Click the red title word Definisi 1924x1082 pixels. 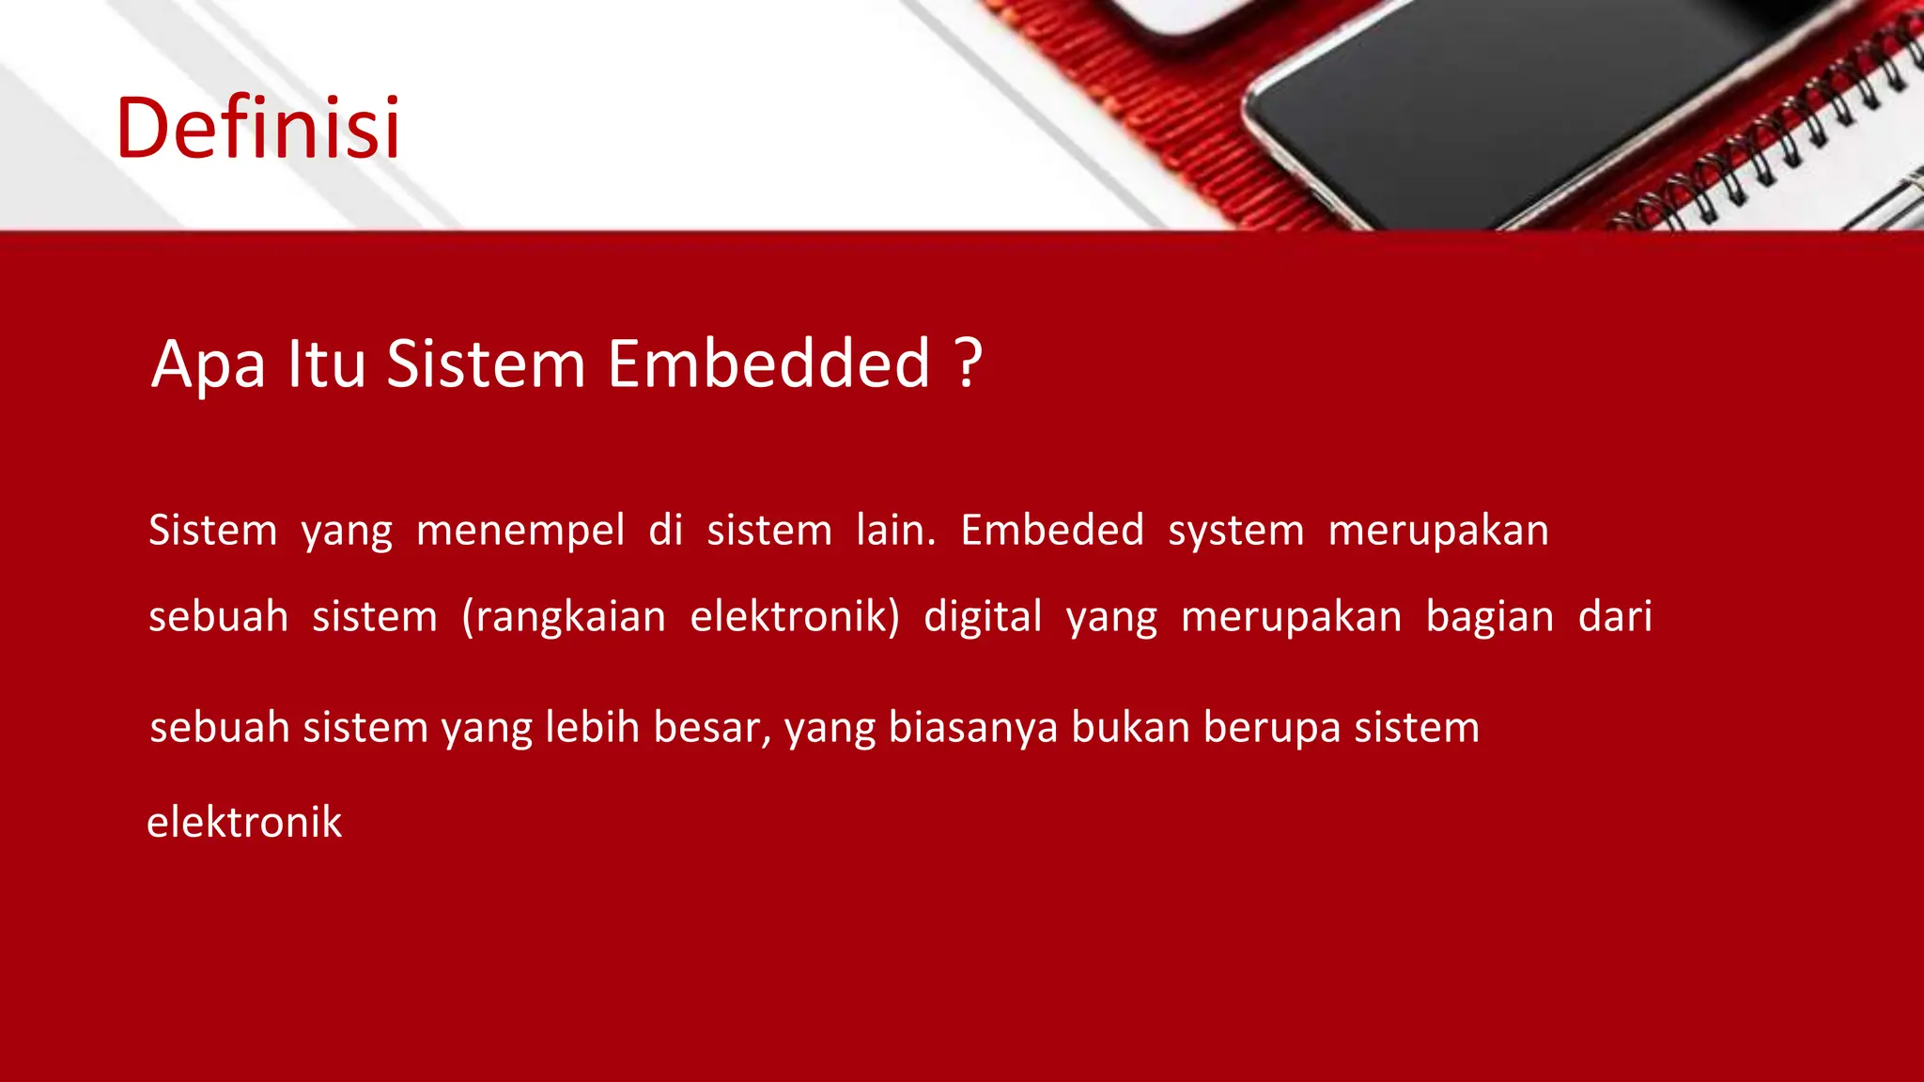pyautogui.click(x=258, y=128)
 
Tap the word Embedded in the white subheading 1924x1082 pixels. pyautogui.click(x=768, y=363)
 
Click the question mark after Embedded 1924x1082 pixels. pyautogui.click(x=969, y=363)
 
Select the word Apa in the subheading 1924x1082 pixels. pyautogui.click(x=209, y=365)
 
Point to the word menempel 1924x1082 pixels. pyautogui.click(x=520, y=531)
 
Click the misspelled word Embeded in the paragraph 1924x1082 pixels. pyautogui.click(x=1052, y=530)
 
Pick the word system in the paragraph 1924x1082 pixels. pyautogui.click(x=1235, y=532)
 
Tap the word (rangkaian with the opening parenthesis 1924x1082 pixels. pyautogui.click(x=564, y=617)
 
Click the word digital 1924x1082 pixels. pyautogui.click(x=983, y=617)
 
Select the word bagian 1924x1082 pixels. pyautogui.click(x=1489, y=618)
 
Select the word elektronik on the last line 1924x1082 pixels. pyautogui.click(x=244, y=822)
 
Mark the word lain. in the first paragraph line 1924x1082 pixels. pyautogui.click(x=895, y=530)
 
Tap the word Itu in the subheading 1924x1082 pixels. pyautogui.click(x=326, y=363)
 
